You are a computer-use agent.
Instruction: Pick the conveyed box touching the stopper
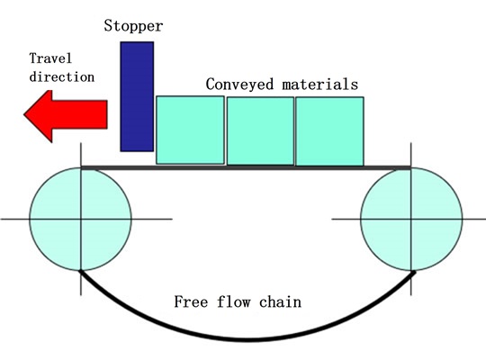pyautogui.click(x=190, y=130)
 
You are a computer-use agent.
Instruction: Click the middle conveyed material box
pyautogui.click(x=260, y=130)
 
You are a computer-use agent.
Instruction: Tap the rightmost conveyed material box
pyautogui.click(x=329, y=130)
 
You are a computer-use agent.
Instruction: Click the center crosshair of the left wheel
pyautogui.click(x=81, y=219)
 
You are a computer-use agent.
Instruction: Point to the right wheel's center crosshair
pyautogui.click(x=411, y=219)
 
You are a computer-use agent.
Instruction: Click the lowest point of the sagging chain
pyautogui.click(x=247, y=339)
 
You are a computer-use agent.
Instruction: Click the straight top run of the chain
pyautogui.click(x=247, y=167)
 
